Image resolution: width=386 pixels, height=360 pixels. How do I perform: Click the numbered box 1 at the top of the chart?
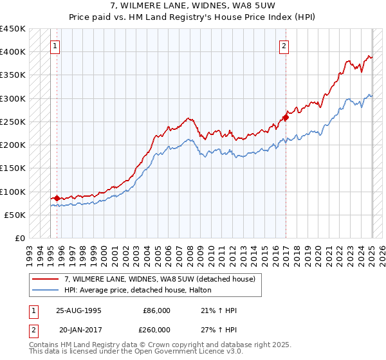click(x=56, y=46)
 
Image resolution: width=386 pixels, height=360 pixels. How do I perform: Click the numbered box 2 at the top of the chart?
click(x=284, y=46)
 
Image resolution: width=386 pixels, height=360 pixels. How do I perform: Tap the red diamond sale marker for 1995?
click(x=57, y=198)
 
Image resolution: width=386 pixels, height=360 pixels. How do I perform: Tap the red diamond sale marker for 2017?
click(x=286, y=117)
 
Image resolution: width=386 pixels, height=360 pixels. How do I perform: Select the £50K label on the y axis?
click(x=15, y=215)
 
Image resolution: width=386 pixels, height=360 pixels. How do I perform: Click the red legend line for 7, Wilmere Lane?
click(x=45, y=279)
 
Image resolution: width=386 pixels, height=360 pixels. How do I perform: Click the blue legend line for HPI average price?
click(x=45, y=290)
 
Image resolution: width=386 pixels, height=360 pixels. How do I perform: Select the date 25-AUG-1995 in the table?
click(x=79, y=310)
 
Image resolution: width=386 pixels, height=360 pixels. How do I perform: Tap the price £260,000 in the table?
click(x=156, y=328)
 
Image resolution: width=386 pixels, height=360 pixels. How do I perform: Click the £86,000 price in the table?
click(x=156, y=310)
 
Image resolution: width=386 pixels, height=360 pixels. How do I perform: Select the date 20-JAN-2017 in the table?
click(x=80, y=328)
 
